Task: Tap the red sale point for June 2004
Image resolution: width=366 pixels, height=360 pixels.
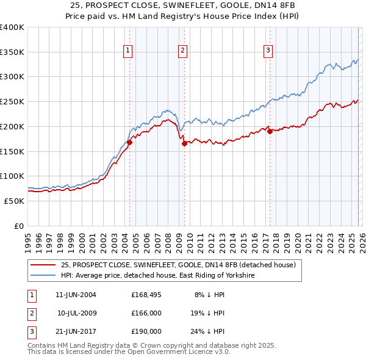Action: click(129, 142)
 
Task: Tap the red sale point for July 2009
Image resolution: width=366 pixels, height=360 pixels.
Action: click(184, 143)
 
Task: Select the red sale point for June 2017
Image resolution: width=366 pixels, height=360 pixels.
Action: click(269, 131)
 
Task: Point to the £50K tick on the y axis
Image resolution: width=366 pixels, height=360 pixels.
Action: click(15, 201)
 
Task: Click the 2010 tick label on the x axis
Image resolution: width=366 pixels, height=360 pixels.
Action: click(189, 239)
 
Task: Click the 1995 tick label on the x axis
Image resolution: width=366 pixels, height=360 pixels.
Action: click(28, 239)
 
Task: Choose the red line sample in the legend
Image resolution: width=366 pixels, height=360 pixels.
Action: click(43, 265)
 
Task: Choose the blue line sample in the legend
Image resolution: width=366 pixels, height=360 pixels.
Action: click(43, 276)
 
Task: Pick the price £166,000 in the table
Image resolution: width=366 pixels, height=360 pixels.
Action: click(146, 313)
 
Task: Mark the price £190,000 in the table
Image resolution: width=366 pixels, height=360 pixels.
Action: click(146, 331)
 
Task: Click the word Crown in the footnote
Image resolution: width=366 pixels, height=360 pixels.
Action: click(157, 345)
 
